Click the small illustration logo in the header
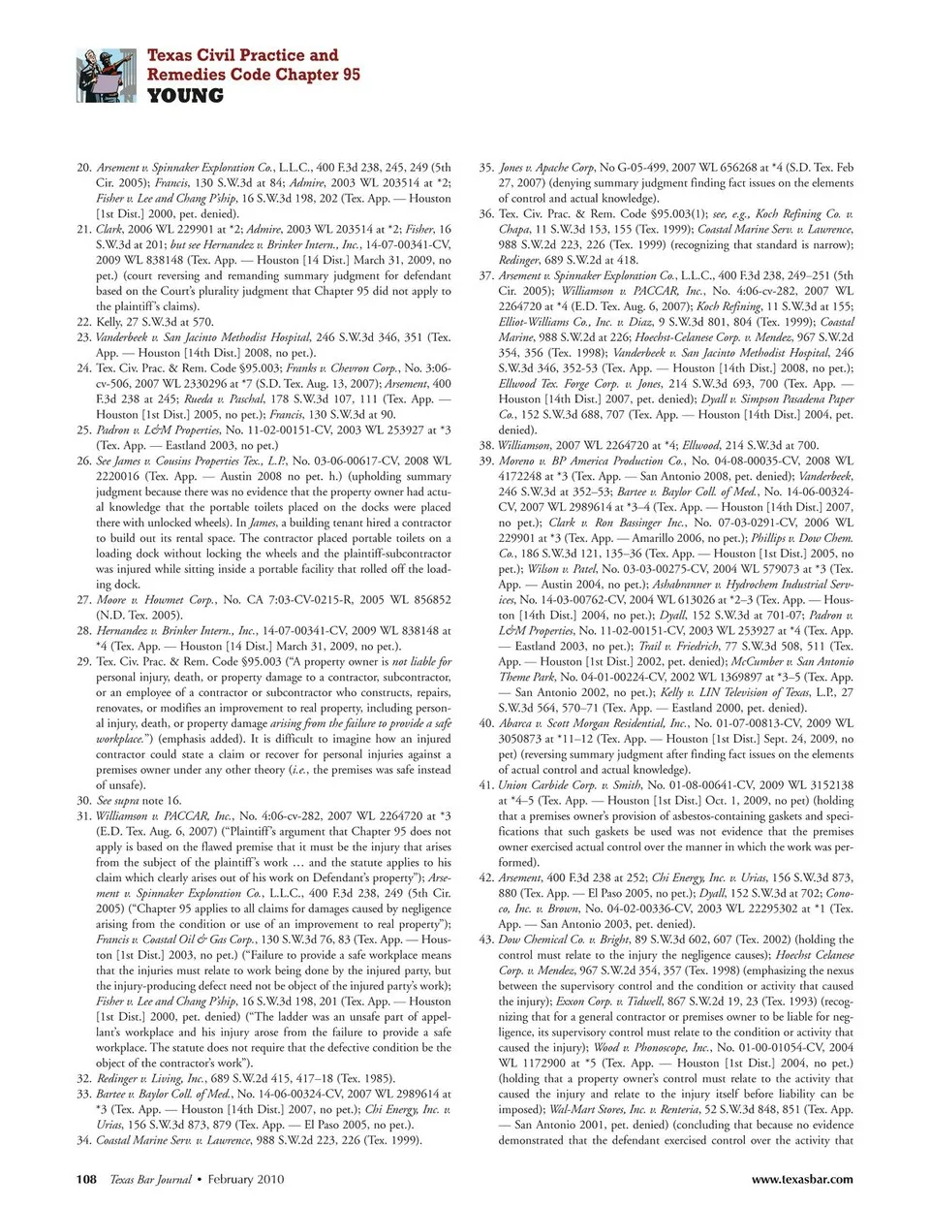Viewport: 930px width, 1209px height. click(x=106, y=76)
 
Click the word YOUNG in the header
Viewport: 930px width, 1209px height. click(x=185, y=96)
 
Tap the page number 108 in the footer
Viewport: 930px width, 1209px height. click(x=86, y=1179)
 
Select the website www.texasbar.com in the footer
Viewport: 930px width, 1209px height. click(x=802, y=1179)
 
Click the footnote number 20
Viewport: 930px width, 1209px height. click(x=84, y=168)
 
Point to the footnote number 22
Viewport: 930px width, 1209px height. click(x=84, y=322)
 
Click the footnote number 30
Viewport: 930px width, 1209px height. click(x=84, y=801)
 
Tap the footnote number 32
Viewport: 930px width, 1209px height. click(x=84, y=1078)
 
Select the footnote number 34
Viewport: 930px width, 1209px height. click(x=84, y=1140)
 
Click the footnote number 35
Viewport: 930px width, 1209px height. click(x=486, y=168)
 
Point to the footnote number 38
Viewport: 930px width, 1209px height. click(x=486, y=446)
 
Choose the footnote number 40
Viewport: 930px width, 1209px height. click(x=486, y=723)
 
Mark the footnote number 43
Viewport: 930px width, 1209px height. click(x=486, y=939)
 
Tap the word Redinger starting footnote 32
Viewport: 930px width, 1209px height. click(x=119, y=1078)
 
